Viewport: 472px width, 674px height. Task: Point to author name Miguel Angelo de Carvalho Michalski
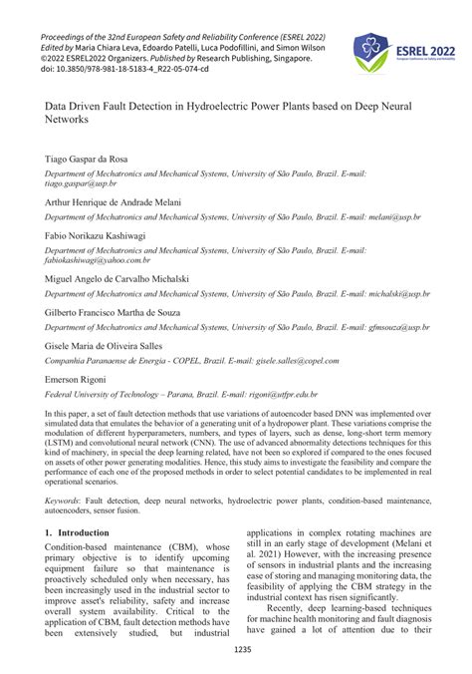tap(118, 279)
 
